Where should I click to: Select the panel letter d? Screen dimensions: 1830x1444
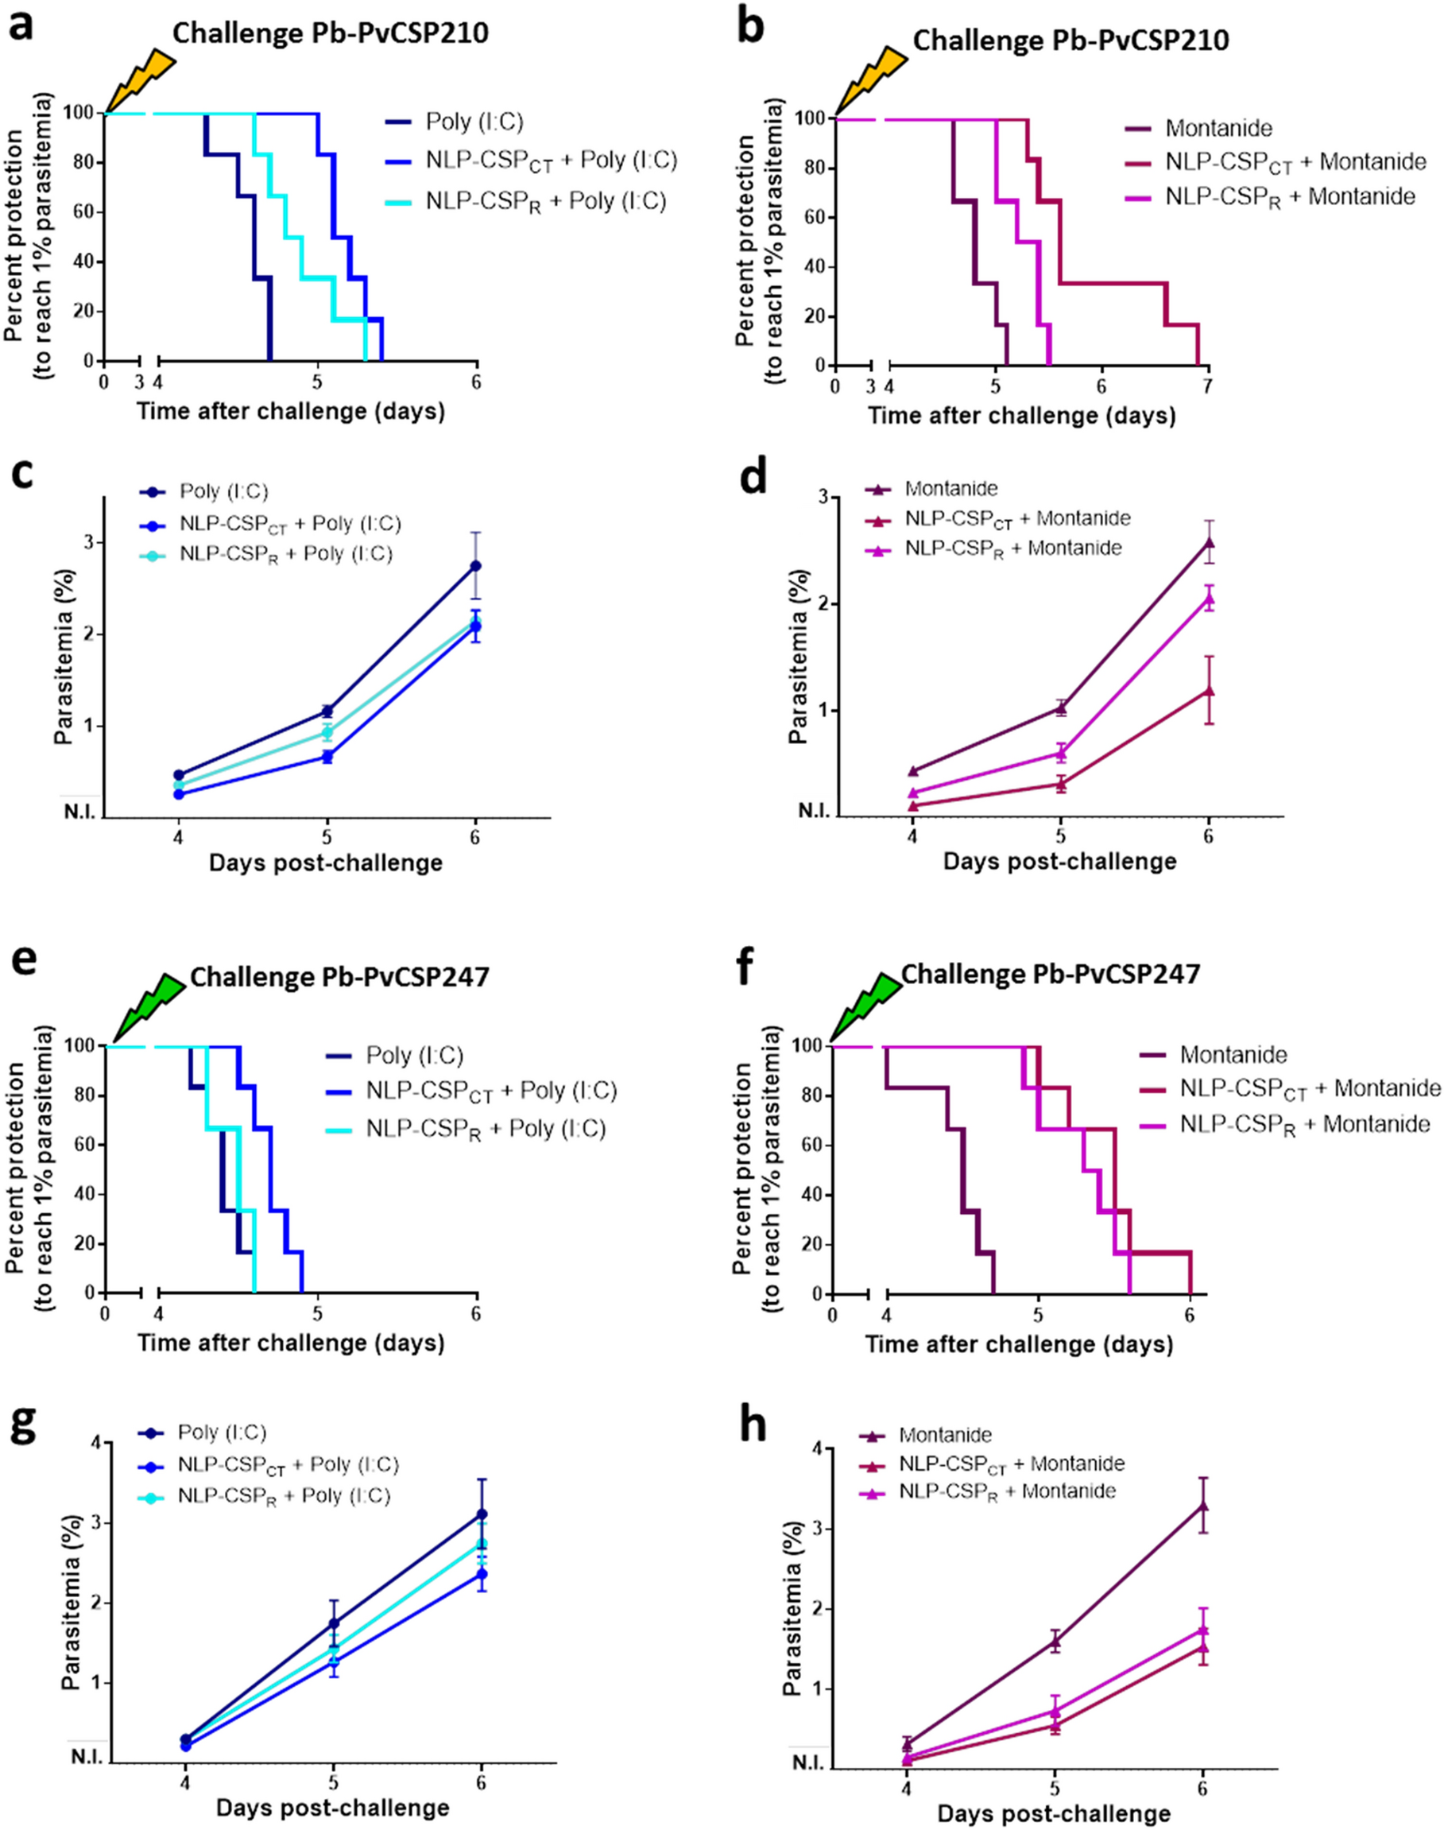pyautogui.click(x=753, y=478)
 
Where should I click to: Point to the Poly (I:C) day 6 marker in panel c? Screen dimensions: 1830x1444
pyautogui.click(x=475, y=566)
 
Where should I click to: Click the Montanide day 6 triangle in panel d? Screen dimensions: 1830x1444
pyautogui.click(x=1209, y=543)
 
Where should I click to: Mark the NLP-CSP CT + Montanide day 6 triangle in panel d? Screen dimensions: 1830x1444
pyautogui.click(x=1209, y=691)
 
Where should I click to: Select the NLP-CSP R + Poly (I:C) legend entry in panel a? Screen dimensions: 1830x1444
pyautogui.click(x=545, y=202)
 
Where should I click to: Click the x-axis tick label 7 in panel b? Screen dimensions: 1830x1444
pyautogui.click(x=1208, y=386)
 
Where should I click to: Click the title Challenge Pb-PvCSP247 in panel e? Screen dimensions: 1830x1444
pyautogui.click(x=339, y=977)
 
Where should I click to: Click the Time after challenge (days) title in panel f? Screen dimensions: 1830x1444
pyautogui.click(x=1019, y=1343)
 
